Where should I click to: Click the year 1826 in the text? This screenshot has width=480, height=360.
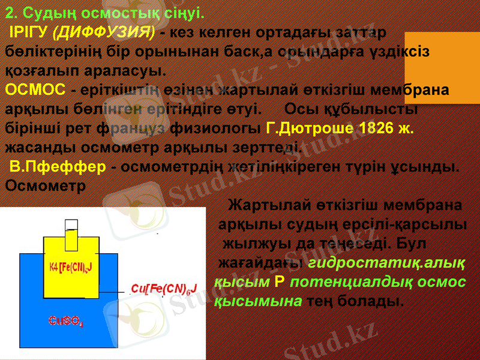pyautogui.click(x=377, y=129)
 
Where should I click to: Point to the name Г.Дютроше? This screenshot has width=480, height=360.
pyautogui.click(x=307, y=129)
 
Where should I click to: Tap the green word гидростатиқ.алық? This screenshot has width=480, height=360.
pyautogui.click(x=388, y=263)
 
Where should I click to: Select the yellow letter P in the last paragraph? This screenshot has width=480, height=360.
pyautogui.click(x=279, y=282)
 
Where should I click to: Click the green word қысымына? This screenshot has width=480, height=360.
pyautogui.click(x=258, y=301)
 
